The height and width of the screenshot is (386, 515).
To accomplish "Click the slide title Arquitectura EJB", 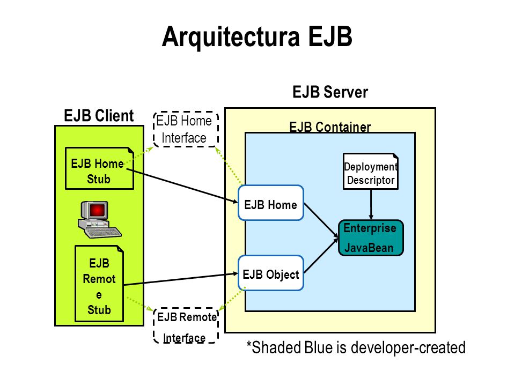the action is (257, 36).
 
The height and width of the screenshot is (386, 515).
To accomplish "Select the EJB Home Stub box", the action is (100, 168).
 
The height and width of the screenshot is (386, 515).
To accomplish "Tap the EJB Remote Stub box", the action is (99, 284).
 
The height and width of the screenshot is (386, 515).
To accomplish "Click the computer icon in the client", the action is (99, 219).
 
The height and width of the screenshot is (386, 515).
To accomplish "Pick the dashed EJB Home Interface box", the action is (186, 129).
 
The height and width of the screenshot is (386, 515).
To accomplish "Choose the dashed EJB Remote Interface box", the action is (186, 325).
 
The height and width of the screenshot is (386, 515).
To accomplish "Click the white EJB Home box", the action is (270, 203).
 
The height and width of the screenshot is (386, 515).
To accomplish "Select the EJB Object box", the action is (270, 273).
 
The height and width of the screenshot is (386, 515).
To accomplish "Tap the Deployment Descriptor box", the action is (371, 172).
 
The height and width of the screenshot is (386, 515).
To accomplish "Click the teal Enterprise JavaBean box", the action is (371, 237).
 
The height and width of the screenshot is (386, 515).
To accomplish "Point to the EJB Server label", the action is (330, 92).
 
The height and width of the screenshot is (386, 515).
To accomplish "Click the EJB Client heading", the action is (99, 116).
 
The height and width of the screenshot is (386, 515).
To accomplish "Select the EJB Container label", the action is (330, 127).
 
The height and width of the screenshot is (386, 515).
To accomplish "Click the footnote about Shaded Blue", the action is (356, 347).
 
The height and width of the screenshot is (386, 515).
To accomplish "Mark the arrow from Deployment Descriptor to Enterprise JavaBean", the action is (371, 204).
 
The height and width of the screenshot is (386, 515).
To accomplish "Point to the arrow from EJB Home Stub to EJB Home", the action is (182, 186).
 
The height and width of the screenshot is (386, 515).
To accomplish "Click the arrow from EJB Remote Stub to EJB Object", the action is (181, 279).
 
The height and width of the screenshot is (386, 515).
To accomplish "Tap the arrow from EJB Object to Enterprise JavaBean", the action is (321, 256).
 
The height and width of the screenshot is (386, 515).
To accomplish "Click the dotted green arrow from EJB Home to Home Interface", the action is (229, 166).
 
